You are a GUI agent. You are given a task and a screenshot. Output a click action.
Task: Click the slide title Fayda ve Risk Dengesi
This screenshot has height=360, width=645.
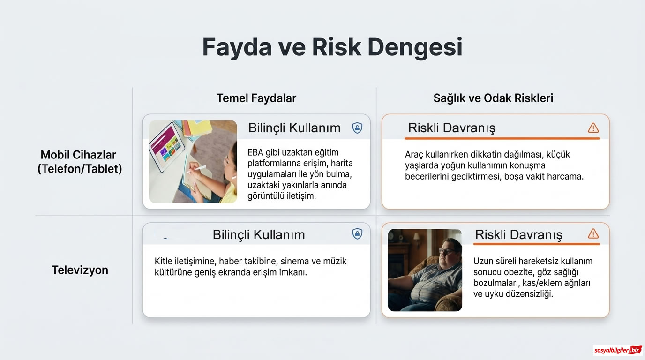click(332, 47)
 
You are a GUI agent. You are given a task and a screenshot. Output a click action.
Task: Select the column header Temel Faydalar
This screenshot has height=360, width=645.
click(256, 98)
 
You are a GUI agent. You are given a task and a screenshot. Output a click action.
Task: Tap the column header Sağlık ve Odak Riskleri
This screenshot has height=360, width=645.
click(493, 98)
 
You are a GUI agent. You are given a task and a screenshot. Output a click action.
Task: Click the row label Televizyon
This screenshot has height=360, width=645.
click(80, 270)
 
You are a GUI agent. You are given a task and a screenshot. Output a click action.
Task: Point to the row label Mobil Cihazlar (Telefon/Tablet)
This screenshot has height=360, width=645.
click(80, 162)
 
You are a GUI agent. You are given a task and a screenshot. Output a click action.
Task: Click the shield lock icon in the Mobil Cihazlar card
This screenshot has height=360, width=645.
click(357, 128)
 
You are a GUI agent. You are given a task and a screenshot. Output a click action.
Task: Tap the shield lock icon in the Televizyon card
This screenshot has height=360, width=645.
click(357, 234)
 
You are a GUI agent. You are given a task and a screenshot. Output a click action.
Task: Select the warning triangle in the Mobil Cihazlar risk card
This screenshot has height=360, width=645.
click(593, 128)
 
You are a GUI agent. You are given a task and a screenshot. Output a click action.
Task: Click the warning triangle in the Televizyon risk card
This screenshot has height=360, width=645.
click(593, 234)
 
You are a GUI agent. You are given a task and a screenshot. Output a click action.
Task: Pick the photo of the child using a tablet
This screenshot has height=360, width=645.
click(193, 161)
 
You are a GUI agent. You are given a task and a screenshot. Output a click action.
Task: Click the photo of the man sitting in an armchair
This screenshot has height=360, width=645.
click(425, 270)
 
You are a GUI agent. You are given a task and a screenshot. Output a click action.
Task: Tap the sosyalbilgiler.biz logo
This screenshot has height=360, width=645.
click(617, 350)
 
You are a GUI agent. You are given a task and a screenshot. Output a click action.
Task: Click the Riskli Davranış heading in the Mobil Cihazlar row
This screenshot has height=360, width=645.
click(451, 128)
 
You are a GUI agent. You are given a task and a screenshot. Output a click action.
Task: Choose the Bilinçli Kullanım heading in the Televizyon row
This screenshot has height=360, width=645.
click(259, 234)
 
